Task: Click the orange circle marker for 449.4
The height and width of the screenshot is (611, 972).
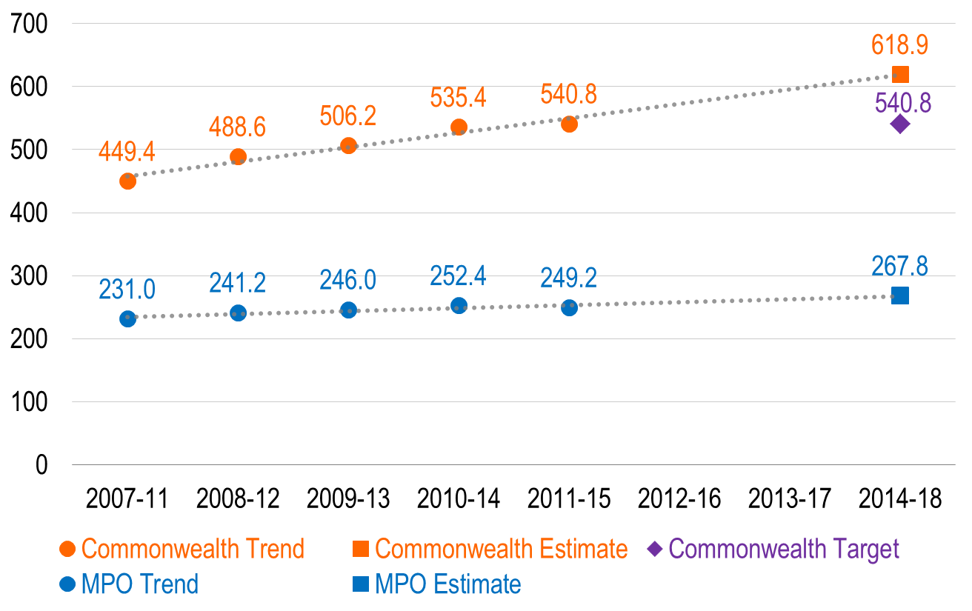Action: tap(127, 181)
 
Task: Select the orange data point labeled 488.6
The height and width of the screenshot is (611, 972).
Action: tap(238, 156)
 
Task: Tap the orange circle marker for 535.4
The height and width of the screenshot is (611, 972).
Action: tap(459, 127)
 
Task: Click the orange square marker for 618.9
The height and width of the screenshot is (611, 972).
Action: tap(900, 74)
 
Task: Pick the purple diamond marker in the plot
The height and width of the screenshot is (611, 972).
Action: tap(899, 124)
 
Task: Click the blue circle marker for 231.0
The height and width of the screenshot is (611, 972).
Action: tap(127, 318)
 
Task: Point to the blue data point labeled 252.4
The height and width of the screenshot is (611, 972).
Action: tap(459, 305)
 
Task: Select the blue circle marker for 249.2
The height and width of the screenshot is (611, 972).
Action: tap(569, 307)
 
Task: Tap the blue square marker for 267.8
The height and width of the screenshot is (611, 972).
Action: tap(900, 296)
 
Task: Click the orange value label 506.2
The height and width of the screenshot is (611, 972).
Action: tap(347, 116)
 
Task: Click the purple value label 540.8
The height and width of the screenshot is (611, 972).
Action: tap(902, 103)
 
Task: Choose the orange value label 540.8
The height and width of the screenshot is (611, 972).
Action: tap(568, 95)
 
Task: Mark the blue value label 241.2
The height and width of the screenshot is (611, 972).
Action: tap(237, 283)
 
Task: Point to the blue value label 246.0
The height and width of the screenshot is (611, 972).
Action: tap(347, 281)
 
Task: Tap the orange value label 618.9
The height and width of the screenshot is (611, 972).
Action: tap(899, 45)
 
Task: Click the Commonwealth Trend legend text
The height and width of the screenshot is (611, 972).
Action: tap(193, 549)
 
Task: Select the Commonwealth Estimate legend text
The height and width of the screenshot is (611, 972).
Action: tap(501, 549)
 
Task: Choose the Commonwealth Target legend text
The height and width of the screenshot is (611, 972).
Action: tap(784, 549)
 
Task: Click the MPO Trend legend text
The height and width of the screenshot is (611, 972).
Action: tap(140, 584)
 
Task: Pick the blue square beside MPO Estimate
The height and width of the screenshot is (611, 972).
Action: tap(360, 584)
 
